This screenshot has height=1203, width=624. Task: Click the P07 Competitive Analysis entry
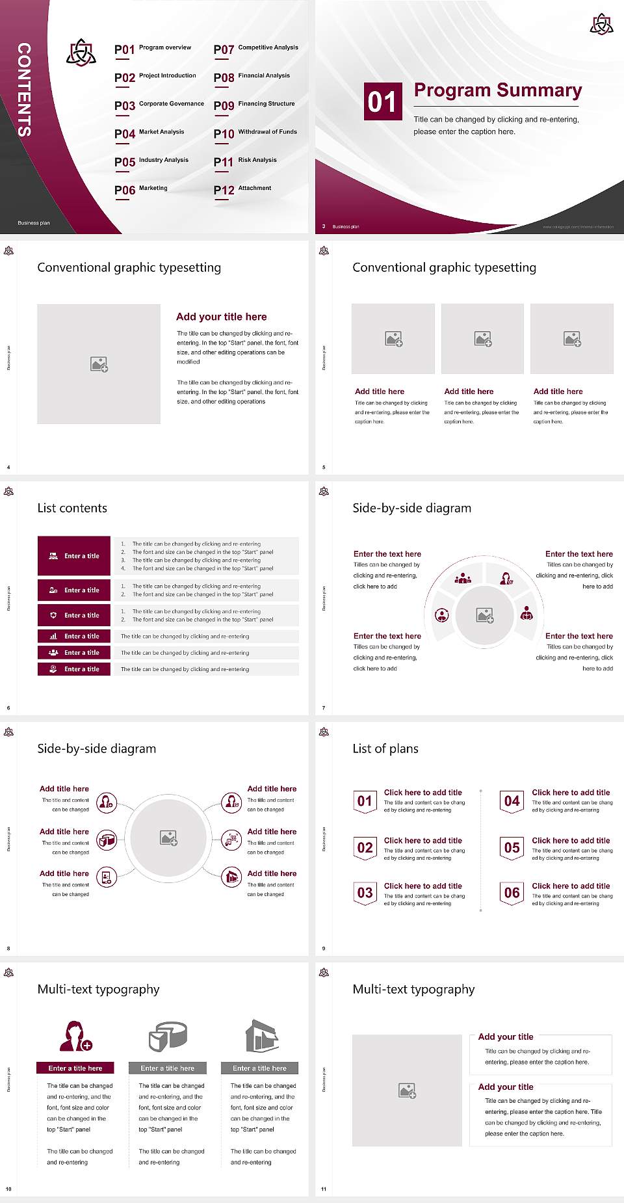tap(255, 49)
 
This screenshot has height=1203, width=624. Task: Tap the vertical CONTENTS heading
tap(24, 90)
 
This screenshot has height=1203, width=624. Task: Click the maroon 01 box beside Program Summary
tap(382, 101)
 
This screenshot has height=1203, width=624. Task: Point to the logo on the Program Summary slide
tap(601, 24)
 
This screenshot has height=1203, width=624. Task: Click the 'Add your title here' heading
tap(221, 317)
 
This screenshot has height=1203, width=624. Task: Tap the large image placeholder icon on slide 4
tap(99, 364)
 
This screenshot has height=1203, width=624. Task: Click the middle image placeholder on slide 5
tap(482, 339)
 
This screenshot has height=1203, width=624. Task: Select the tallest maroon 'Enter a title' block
tap(74, 556)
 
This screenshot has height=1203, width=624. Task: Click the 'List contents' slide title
tap(72, 508)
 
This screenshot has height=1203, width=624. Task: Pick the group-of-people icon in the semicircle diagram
tap(463, 577)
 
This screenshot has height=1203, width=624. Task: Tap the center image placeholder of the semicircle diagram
tap(485, 615)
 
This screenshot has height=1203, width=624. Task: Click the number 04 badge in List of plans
tap(512, 801)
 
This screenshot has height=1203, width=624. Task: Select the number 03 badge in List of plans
tap(365, 893)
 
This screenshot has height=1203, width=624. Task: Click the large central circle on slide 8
tap(169, 838)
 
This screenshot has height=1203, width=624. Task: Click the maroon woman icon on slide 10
tap(75, 1037)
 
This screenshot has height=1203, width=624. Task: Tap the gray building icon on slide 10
tap(262, 1036)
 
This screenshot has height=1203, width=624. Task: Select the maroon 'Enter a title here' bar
tap(75, 1068)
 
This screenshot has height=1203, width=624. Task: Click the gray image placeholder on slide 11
tap(407, 1090)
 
